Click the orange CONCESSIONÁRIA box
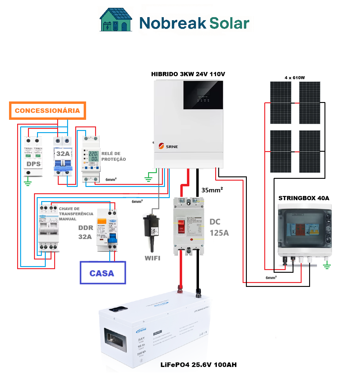[48, 111]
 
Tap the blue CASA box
[103, 273]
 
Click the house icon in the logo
[116, 20]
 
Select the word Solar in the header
[229, 23]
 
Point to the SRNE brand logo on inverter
[168, 146]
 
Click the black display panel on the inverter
[203, 95]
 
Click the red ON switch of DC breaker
[181, 226]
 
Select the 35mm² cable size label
[212, 190]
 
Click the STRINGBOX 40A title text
[304, 198]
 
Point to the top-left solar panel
[281, 103]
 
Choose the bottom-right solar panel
[310, 151]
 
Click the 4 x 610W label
[295, 78]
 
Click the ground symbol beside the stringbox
[327, 266]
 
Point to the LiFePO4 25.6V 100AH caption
[199, 365]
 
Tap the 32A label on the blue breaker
[63, 154]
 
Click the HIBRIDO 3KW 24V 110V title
[188, 74]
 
